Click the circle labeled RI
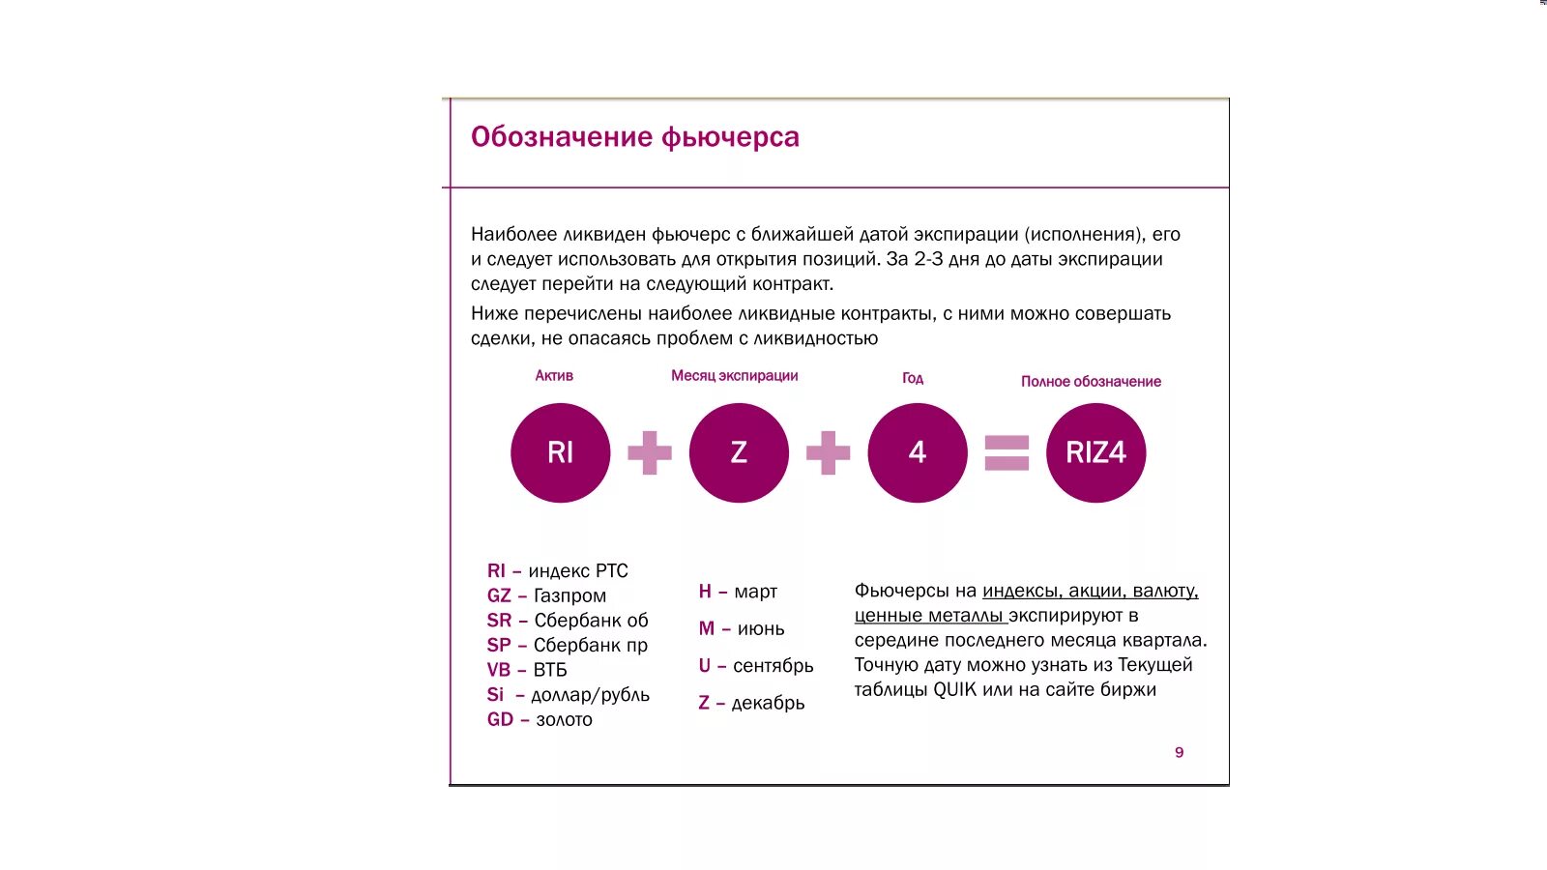pos(561,452)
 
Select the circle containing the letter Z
pos(739,452)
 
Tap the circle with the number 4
pos(918,452)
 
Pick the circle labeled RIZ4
pos(1095,452)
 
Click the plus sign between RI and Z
pos(650,452)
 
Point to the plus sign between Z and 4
pos(829,452)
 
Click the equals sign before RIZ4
pos(1007,452)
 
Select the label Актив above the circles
pos(554,375)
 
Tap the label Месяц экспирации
pos(735,375)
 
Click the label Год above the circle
pos(913,378)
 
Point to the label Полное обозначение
pos(1091,382)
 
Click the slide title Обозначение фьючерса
pos(634,137)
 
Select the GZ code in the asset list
pos(499,595)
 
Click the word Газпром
pos(570,595)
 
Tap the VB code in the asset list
pos(499,670)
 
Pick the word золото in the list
pos(564,719)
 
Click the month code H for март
pos(705,591)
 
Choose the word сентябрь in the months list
pos(773,666)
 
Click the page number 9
pos(1179,752)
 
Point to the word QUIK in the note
pos(955,689)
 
